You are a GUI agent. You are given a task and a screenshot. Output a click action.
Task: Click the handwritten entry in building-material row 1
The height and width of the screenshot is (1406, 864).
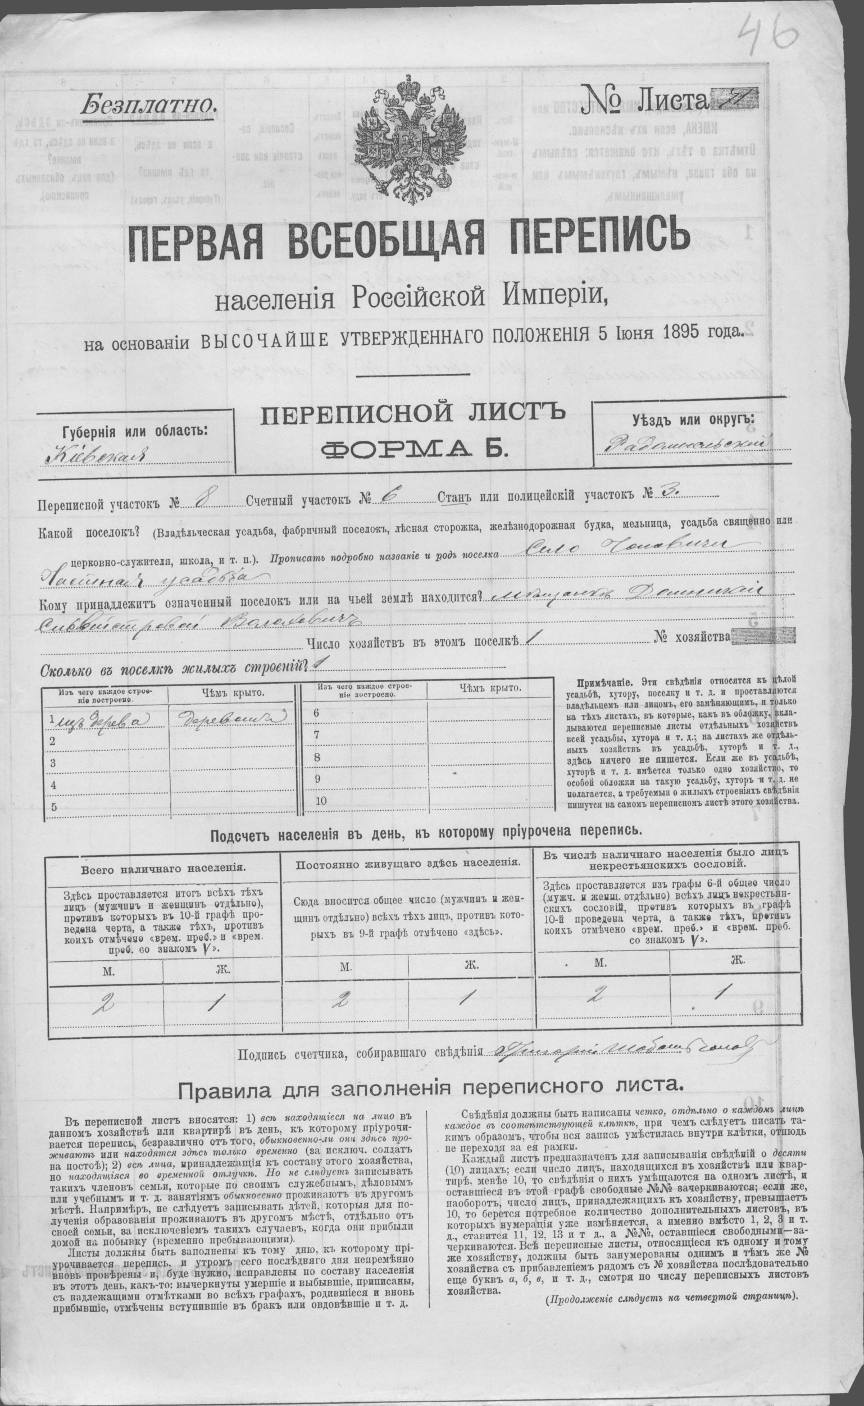(100, 718)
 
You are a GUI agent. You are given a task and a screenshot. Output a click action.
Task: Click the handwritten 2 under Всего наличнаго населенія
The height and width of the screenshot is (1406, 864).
(104, 1002)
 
